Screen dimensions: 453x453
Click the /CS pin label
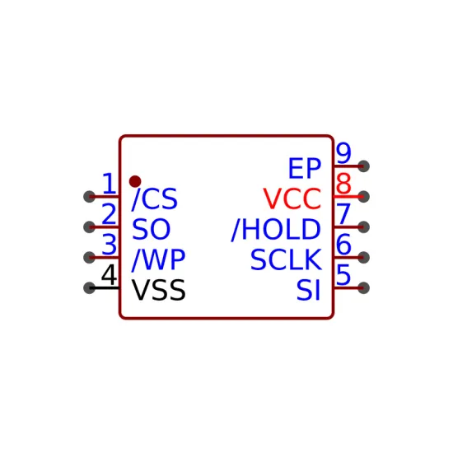155,199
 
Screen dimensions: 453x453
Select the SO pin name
151,229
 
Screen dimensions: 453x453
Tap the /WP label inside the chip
158,260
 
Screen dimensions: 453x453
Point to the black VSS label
159,290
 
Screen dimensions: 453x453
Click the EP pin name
305,168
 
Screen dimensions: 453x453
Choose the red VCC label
292,198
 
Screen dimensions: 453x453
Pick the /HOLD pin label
276,230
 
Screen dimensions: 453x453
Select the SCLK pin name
286,259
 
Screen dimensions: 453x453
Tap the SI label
309,290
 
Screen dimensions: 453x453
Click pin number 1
110,184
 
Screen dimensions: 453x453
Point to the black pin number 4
110,275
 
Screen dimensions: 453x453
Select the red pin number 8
343,184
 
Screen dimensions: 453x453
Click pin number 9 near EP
343,153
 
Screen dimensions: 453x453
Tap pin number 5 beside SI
343,275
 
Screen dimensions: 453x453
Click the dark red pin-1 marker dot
135,181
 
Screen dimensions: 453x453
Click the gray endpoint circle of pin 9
363,166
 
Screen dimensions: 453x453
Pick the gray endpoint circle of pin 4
89,287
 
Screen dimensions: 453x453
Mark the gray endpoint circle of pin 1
89,197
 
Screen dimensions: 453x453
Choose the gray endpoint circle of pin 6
363,258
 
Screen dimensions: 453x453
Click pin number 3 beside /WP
110,245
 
